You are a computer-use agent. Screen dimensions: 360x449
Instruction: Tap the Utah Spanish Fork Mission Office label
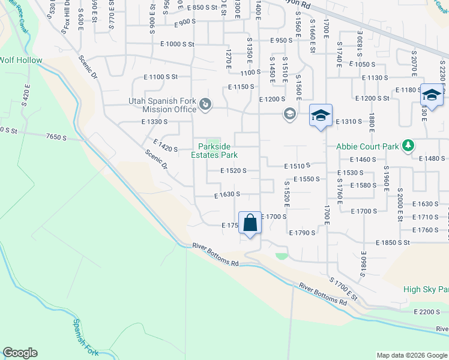[x=163, y=105]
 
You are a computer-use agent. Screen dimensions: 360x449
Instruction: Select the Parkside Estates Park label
[x=214, y=150]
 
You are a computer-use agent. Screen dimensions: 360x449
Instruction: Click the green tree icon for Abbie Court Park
[x=408, y=145]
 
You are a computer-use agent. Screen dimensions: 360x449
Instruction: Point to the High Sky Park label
[x=426, y=289]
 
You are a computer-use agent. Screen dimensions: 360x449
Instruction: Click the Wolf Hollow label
[x=21, y=60]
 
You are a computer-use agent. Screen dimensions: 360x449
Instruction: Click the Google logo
[x=20, y=353]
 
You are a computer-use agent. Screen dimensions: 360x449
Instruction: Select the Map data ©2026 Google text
[x=411, y=355]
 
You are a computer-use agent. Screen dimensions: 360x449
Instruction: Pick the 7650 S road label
[x=56, y=137]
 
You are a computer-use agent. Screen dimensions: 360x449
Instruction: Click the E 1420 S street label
[x=165, y=145]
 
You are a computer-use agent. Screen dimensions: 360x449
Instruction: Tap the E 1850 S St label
[x=393, y=242]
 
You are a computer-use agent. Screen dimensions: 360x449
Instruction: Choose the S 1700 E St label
[x=343, y=289]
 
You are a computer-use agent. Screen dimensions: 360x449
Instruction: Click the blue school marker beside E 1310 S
[x=321, y=115]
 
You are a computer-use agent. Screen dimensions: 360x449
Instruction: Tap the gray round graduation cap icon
[x=290, y=114]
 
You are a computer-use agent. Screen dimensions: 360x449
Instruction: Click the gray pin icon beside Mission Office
[x=205, y=105]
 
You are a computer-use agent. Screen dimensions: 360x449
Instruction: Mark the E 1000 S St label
[x=177, y=44]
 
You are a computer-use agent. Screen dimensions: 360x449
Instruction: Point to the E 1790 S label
[x=302, y=232]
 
